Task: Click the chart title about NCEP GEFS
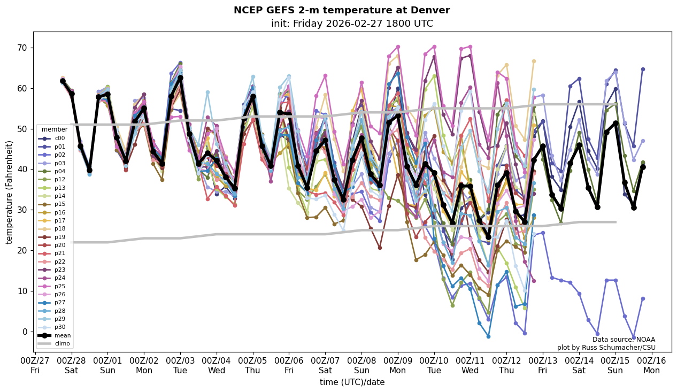coord(342,10)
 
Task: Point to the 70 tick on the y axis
coord(24,48)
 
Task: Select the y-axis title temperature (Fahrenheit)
coord(9,192)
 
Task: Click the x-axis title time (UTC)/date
coord(352,382)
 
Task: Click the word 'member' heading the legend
coord(55,129)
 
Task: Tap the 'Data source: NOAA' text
coord(624,340)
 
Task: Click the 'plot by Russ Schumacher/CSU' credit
coord(606,348)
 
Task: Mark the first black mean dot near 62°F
coord(63,81)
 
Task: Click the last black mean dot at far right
coord(643,167)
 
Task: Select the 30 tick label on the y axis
coord(24,210)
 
